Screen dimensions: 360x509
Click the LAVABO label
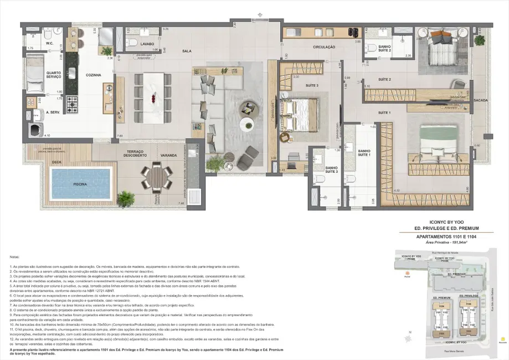[146, 43]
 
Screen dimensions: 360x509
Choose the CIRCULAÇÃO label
[324, 47]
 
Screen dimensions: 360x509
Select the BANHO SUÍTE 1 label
[364, 153]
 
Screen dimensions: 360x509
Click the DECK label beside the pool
[56, 162]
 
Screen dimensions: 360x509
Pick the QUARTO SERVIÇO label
[54, 75]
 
